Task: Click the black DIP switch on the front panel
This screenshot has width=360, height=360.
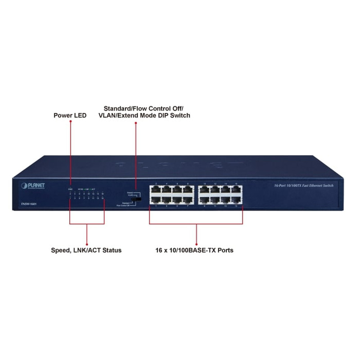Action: tap(139, 198)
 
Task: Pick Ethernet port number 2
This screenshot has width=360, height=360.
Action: tap(156, 190)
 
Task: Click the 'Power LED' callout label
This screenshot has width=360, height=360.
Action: tap(70, 116)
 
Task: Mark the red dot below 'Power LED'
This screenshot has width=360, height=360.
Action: tap(70, 121)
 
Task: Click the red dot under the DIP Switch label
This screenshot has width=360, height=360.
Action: tap(135, 121)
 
